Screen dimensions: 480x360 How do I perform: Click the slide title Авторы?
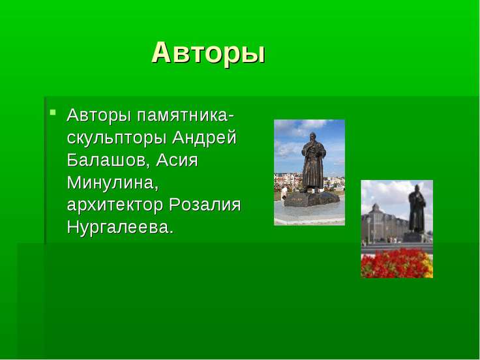pos(208,53)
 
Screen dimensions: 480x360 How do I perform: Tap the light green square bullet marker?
pos(53,112)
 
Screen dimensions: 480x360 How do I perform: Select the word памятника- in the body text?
pos(185,115)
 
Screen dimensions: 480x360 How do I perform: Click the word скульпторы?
pos(117,138)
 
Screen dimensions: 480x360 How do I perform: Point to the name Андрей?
pos(204,137)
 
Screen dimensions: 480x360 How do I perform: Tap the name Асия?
pos(177,160)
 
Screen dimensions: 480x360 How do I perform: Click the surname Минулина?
pos(112,183)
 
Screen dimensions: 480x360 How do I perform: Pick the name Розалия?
pos(205,205)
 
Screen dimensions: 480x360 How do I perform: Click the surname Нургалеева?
pos(120,227)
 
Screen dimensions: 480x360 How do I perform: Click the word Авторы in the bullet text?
pos(99,115)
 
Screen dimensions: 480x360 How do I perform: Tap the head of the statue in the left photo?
pos(312,137)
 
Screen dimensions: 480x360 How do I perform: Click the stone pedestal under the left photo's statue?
pos(312,200)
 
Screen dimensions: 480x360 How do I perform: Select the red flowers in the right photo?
pos(393,264)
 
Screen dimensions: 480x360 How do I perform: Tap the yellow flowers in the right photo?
pos(428,267)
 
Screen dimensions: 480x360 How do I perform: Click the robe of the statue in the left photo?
pos(313,167)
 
